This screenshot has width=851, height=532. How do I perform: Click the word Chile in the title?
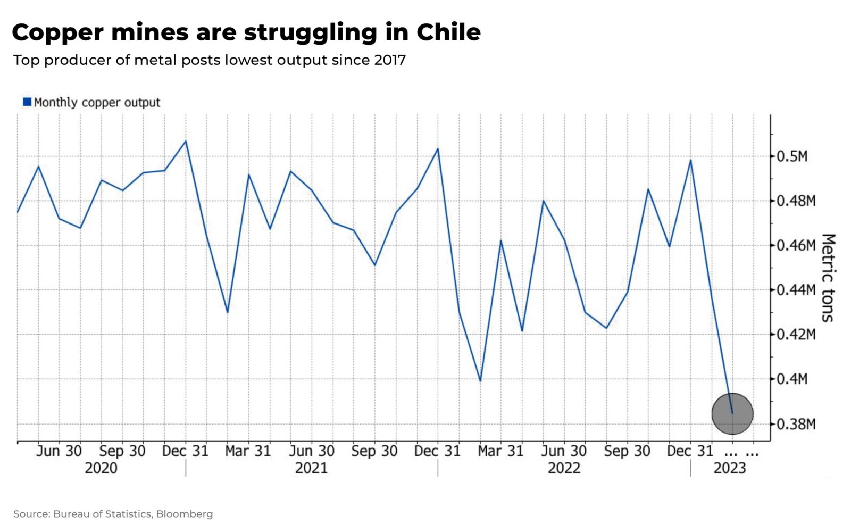pos(448,33)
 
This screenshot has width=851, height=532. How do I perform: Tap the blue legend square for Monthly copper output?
pos(27,102)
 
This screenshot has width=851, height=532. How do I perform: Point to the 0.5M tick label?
pos(792,156)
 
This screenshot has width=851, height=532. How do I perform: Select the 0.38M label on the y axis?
pos(796,424)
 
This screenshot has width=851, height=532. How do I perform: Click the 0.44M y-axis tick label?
pos(796,290)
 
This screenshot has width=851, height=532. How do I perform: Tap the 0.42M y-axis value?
pos(796,335)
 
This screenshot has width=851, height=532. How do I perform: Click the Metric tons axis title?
pos(828,278)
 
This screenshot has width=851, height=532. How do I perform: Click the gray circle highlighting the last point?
pos(732,413)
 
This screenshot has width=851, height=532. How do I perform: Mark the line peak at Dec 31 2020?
pos(186,141)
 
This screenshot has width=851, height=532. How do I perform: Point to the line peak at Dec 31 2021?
pos(438,148)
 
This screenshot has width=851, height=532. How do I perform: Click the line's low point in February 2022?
pos(480,380)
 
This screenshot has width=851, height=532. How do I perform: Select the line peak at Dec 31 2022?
pos(690,160)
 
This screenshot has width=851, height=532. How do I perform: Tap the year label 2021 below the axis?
pos(311,468)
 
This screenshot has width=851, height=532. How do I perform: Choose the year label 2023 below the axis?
pos(729,468)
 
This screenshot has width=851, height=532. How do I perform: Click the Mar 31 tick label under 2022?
pos(500,451)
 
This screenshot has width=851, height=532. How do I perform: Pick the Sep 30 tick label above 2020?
pos(122,451)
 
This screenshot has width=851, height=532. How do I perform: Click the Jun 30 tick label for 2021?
pos(312,451)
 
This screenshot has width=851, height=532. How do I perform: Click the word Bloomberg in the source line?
pos(185,514)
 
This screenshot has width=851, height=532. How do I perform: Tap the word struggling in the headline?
pos(311,33)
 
